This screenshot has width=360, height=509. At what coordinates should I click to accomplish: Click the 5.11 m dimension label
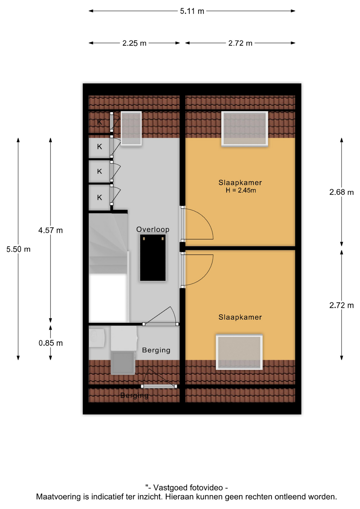point(192,11)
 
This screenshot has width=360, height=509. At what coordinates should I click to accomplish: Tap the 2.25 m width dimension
point(134,43)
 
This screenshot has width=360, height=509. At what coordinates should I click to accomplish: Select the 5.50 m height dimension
point(18,249)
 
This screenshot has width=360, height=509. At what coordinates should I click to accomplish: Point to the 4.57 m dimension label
point(50,230)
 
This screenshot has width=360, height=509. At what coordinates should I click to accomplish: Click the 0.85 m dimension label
point(51,343)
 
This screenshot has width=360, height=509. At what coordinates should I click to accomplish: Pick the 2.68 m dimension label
point(341,192)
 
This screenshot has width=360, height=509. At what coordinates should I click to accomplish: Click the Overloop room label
point(153,230)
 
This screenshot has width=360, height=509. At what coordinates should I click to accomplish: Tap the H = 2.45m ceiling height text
point(241,190)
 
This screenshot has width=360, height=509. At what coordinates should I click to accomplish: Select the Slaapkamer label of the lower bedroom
point(240,317)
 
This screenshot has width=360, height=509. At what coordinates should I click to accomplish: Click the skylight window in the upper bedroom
point(245,129)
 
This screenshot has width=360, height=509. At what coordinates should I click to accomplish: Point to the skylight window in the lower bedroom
point(239,352)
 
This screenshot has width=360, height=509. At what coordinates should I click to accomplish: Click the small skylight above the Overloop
point(131,128)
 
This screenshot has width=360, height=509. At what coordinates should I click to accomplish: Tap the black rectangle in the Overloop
point(153,258)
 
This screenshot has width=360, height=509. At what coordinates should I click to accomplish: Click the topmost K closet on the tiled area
point(99,122)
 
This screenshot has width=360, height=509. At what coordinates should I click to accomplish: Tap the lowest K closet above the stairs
point(99,198)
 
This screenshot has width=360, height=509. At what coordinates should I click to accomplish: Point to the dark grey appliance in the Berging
point(123,363)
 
